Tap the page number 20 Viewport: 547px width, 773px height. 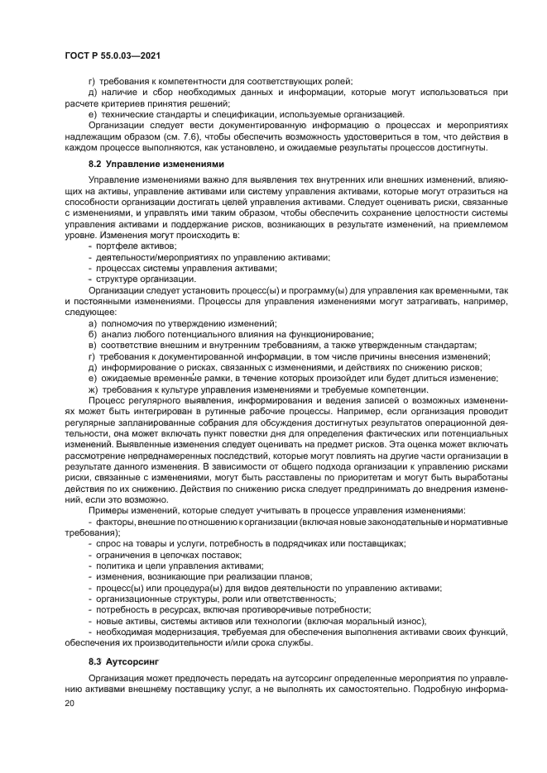[70, 703]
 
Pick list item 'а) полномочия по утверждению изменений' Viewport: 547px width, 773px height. [178, 324]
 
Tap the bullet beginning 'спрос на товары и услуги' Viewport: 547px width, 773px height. [248, 544]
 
